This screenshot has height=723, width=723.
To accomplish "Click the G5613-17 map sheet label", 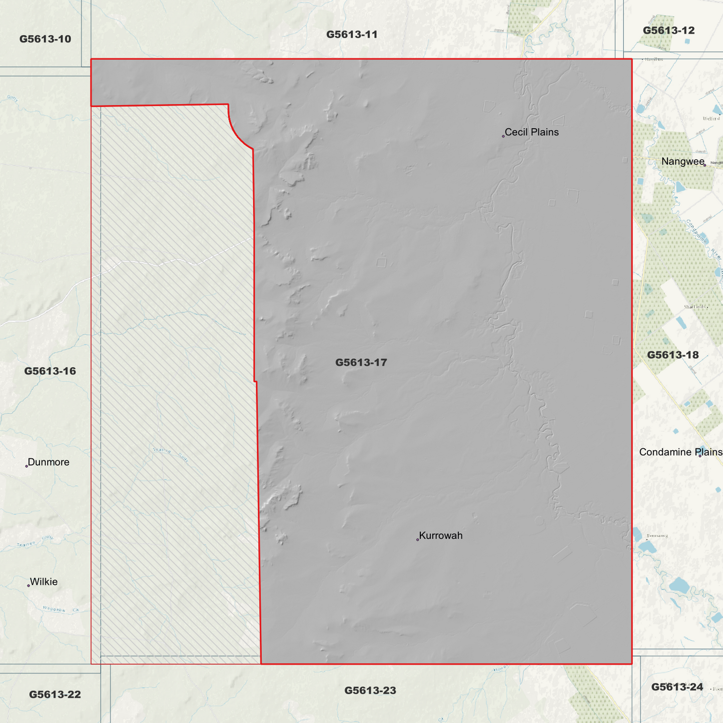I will [361, 362].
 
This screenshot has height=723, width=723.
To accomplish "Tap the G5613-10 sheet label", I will [45, 39].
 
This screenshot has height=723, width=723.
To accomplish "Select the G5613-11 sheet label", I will [352, 35].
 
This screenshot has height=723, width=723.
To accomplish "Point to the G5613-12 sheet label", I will [668, 31].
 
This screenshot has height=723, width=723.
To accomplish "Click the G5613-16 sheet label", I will [50, 371].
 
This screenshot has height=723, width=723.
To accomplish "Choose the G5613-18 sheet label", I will [672, 355].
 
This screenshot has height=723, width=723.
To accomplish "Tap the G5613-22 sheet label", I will [55, 694].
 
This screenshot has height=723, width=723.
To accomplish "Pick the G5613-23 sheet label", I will [370, 690].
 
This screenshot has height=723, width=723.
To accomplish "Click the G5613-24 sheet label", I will [677, 687].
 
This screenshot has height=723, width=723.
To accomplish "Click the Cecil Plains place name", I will [531, 132].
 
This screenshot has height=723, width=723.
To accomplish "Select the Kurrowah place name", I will [440, 535].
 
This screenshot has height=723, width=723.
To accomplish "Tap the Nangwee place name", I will [682, 161].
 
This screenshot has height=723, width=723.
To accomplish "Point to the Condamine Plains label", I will [680, 452].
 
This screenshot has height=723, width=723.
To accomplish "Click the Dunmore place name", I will [49, 462].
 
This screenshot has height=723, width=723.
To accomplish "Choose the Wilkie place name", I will [44, 581].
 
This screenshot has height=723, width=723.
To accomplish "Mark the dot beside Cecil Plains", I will [503, 136].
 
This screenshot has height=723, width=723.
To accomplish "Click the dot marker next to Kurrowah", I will [417, 539].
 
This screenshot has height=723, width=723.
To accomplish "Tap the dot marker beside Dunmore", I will [27, 466].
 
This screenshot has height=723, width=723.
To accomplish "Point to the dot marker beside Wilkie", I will [29, 585].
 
